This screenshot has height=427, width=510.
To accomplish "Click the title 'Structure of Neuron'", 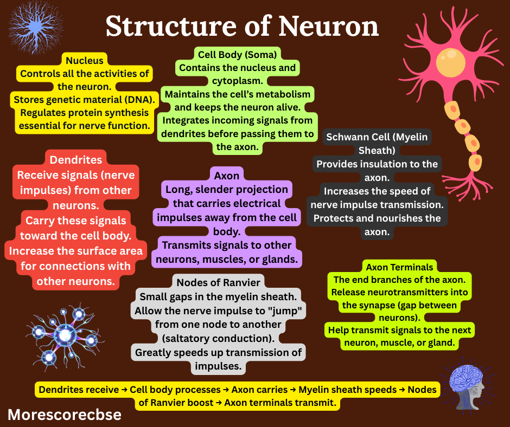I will pos(242,26).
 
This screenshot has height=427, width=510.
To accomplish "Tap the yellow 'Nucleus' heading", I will pos(84,60).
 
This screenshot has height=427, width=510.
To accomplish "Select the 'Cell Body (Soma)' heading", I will pos(237,54).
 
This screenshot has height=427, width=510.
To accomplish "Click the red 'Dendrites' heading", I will pos(75,160).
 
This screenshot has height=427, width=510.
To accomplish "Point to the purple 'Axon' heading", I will pos(226,175).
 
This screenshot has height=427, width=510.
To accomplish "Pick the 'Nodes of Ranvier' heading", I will pos(218,282).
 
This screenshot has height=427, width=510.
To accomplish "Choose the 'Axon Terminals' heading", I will pos(399,267).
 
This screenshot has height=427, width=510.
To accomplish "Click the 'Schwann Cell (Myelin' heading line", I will pos(377,137).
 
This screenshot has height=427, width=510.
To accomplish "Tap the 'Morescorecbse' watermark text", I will pos(65,415).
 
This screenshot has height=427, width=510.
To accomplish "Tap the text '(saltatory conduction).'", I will pos(218,339).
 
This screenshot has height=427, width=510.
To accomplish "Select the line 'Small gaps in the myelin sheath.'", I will pos(218,296).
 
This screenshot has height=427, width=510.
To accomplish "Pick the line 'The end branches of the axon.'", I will pos(399,280).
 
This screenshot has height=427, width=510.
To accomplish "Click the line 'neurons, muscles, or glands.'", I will pos(226,259).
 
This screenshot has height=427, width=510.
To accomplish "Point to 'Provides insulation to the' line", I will pos(377,164).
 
